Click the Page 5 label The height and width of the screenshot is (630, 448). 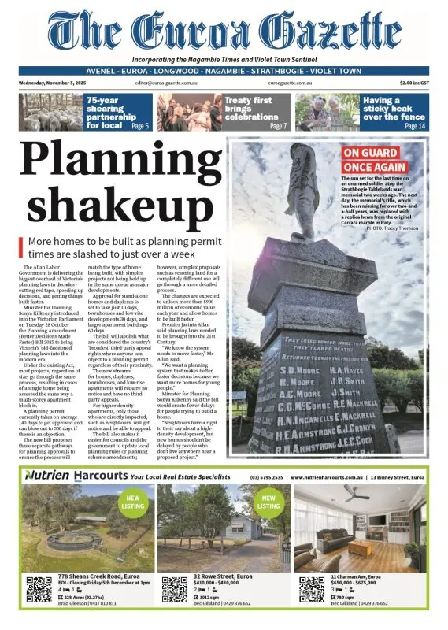(x=139, y=126)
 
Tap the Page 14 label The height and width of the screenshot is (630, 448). (x=415, y=126)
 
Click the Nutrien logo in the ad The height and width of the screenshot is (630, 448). (x=48, y=476)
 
